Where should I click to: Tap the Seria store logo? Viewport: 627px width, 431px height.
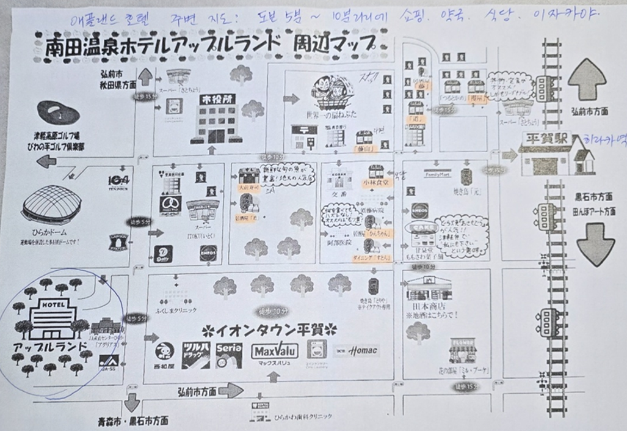[228, 355]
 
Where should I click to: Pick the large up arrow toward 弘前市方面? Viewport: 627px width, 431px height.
[587, 79]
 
